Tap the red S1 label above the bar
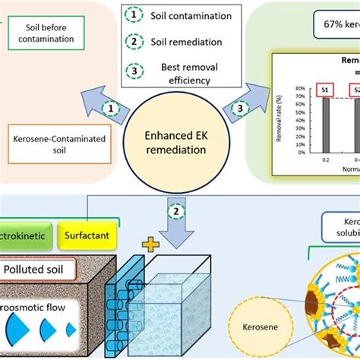click(x=325, y=90)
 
